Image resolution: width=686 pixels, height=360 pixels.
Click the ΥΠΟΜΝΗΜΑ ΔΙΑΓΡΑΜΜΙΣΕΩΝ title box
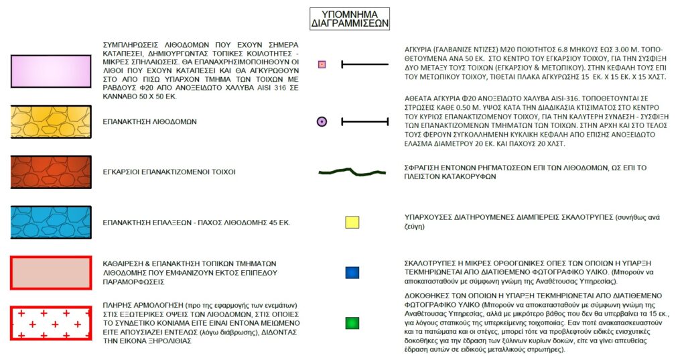tap(350, 18)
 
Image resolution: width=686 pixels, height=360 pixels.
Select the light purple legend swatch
tap(51, 71)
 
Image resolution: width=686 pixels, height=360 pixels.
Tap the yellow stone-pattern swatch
tap(51, 122)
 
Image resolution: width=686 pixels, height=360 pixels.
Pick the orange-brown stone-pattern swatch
tap(51, 172)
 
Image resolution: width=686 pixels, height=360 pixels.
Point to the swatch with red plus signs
tap(51, 323)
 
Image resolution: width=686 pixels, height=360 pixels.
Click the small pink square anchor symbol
tap(322, 64)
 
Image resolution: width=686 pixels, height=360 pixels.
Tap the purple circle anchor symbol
tap(322, 122)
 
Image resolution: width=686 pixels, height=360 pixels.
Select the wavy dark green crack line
tap(352, 172)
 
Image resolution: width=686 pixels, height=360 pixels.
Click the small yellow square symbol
tap(352, 223)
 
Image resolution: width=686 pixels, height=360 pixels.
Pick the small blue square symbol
tap(352, 273)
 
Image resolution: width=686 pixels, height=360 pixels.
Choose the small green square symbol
tap(352, 323)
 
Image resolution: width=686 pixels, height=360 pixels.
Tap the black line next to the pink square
tap(364, 64)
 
